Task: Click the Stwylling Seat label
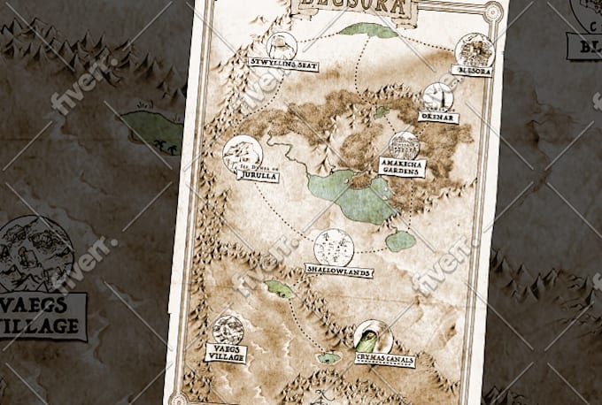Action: [283, 65]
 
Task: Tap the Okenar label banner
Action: [438, 116]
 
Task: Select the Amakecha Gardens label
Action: [401, 166]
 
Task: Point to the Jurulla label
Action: [258, 175]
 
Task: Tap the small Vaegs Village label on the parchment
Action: [226, 352]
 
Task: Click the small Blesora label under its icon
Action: [471, 70]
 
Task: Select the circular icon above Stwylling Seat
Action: [282, 45]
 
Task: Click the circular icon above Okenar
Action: [437, 96]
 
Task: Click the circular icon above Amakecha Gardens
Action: [404, 145]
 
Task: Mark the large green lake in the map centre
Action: [354, 195]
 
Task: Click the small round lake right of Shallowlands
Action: [401, 241]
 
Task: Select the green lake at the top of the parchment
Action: [368, 30]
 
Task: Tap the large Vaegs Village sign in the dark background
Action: [42, 315]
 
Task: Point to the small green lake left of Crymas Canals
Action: [329, 358]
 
